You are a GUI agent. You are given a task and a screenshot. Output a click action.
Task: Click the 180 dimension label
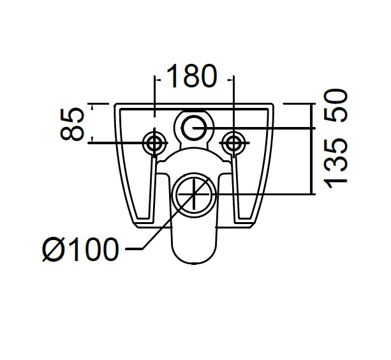click(x=191, y=76)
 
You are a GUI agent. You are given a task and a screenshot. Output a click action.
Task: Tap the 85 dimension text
click(x=72, y=124)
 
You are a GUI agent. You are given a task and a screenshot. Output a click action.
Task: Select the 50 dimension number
click(x=336, y=105)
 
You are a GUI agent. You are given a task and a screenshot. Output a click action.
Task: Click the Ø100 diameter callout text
click(x=80, y=249)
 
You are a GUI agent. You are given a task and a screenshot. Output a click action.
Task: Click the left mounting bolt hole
click(x=154, y=143)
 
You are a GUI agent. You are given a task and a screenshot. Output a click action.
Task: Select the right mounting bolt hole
click(x=233, y=143)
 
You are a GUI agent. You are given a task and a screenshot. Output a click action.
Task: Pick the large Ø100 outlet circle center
click(x=194, y=194)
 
